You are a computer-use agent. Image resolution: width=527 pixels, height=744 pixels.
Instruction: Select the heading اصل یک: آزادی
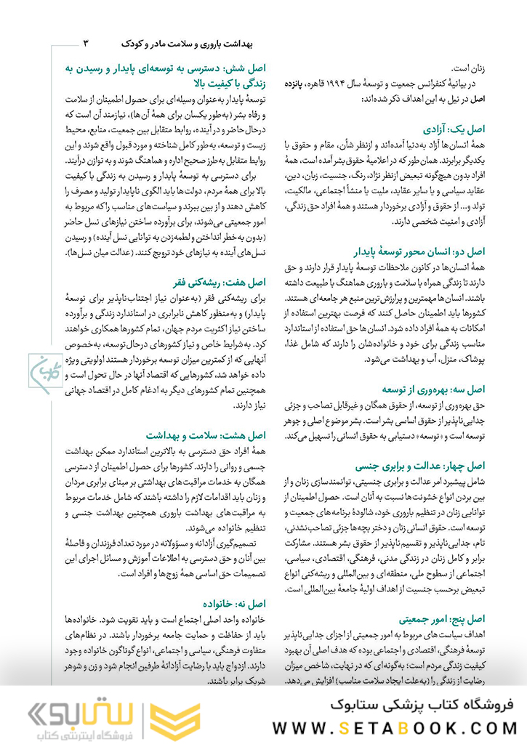[454, 126]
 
